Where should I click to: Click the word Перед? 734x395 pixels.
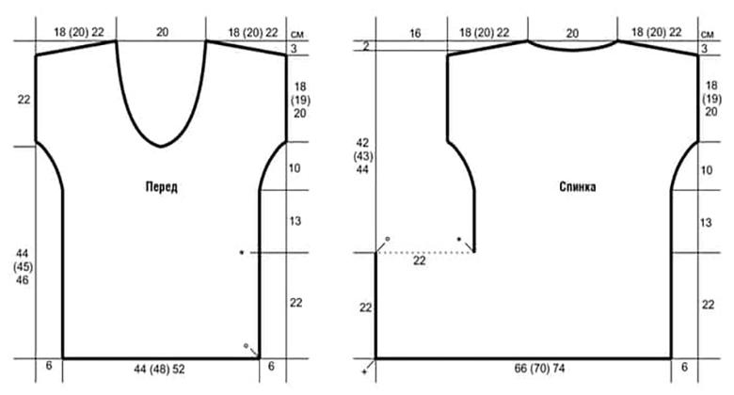tap(162, 187)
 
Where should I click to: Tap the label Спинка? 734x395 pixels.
tap(578, 187)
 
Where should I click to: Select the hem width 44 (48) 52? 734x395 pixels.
tap(159, 370)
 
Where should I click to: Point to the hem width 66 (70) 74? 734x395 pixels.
tap(539, 369)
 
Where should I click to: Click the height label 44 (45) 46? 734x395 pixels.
tap(23, 267)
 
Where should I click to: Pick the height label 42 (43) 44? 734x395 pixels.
tap(362, 156)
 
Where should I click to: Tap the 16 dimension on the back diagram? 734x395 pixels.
tap(415, 33)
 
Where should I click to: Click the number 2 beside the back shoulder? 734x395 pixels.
tap(366, 46)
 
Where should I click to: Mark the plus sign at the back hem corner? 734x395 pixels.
tap(365, 372)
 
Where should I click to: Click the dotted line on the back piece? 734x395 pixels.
tap(425, 253)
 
